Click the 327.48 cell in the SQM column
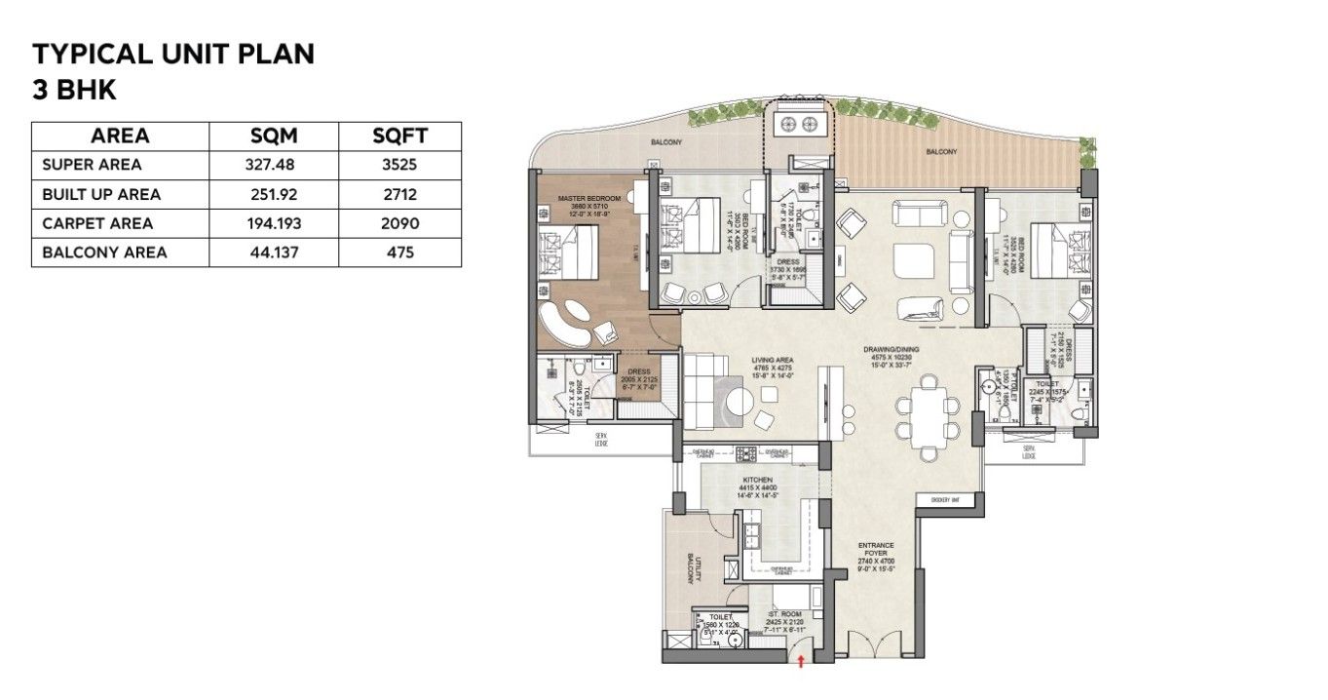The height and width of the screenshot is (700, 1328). pos(273,165)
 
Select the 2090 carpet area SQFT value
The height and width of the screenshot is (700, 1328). pos(399,223)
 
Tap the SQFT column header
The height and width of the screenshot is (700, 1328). pos(399,136)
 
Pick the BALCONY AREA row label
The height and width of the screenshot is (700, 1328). pos(104,253)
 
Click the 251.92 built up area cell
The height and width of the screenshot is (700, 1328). pos(273,194)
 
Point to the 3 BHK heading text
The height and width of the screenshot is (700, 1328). pos(75,90)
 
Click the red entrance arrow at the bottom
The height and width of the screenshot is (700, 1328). pos(801,662)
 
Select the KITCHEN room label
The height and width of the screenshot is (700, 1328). pos(757,482)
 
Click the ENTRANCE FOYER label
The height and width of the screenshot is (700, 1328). pos(876,550)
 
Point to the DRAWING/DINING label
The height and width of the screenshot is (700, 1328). pos(891,349)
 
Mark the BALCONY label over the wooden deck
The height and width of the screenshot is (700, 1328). pos(940,152)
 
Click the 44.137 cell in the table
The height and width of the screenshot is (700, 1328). pos(273,253)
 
